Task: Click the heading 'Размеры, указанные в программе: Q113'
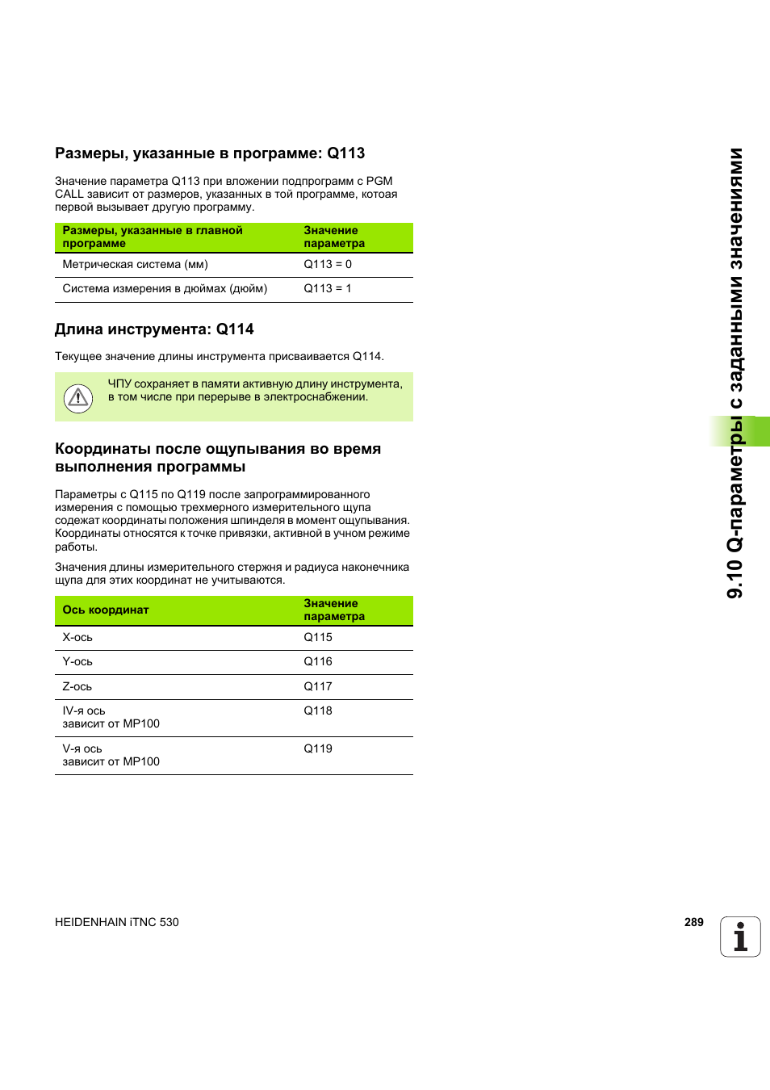[210, 153]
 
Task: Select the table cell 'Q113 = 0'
[328, 264]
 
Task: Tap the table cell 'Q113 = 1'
[328, 288]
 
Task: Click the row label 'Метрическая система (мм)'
[135, 264]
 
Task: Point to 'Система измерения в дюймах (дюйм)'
[165, 288]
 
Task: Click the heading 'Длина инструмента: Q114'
[154, 329]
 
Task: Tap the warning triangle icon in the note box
[78, 397]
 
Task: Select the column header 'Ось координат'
[106, 610]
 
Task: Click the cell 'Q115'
[318, 637]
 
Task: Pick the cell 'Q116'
[318, 661]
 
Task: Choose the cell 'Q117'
[318, 686]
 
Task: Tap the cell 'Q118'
[318, 711]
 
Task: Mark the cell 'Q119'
[318, 748]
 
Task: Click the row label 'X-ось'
[77, 637]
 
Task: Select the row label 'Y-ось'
[77, 661]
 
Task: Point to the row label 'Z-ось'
[77, 686]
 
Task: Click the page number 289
[694, 922]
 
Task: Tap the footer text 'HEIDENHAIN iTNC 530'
[117, 922]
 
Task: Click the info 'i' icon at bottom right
[740, 937]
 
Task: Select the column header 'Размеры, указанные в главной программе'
[153, 237]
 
